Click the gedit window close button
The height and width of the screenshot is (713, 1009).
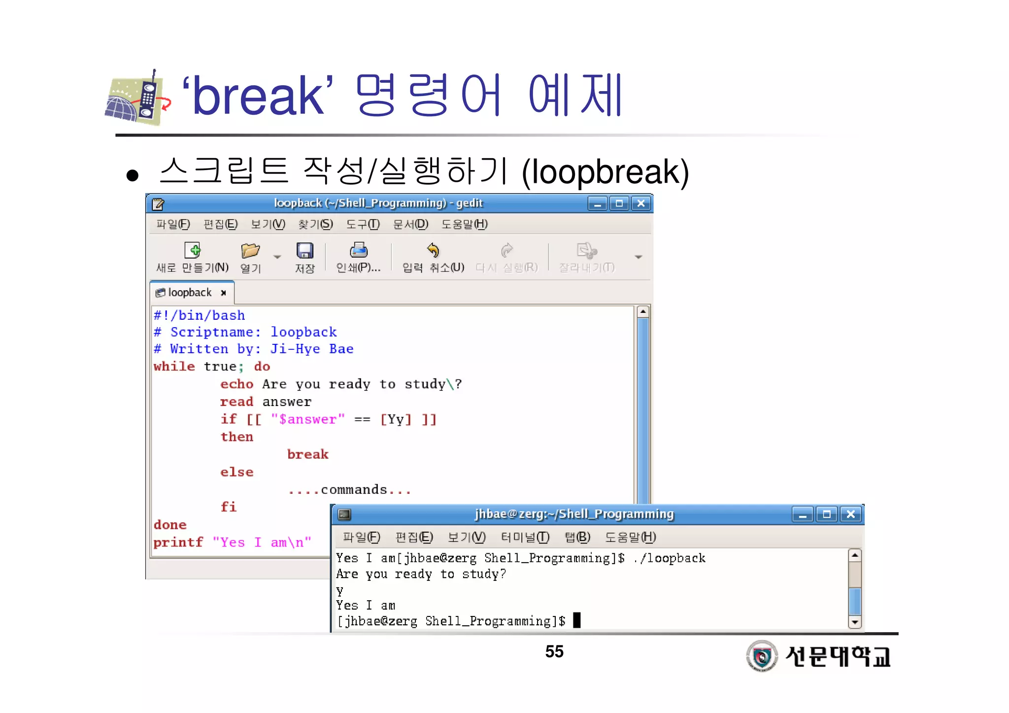(640, 203)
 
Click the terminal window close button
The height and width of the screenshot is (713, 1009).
(850, 514)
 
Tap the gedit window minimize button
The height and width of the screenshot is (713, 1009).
(597, 203)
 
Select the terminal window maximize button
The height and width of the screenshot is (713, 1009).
(827, 514)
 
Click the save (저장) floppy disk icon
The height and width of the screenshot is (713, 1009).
(304, 251)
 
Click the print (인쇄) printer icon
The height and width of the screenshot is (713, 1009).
(358, 250)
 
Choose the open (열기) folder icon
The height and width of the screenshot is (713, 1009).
(250, 251)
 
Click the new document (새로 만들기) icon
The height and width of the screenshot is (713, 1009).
(192, 250)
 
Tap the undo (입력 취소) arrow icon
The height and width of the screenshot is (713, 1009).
(433, 250)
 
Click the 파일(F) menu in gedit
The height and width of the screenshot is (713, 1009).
(173, 225)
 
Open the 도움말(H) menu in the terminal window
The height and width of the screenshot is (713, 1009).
(630, 537)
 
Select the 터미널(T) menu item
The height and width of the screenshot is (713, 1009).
(525, 537)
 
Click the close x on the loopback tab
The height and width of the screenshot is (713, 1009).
(224, 293)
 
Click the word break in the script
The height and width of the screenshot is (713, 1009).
(307, 454)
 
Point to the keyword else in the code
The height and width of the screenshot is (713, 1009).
(236, 472)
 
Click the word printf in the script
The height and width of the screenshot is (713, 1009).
(178, 543)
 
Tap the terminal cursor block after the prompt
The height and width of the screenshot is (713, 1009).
(577, 620)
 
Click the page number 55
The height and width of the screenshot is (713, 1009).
(554, 651)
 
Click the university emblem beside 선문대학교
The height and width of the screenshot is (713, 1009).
(762, 656)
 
